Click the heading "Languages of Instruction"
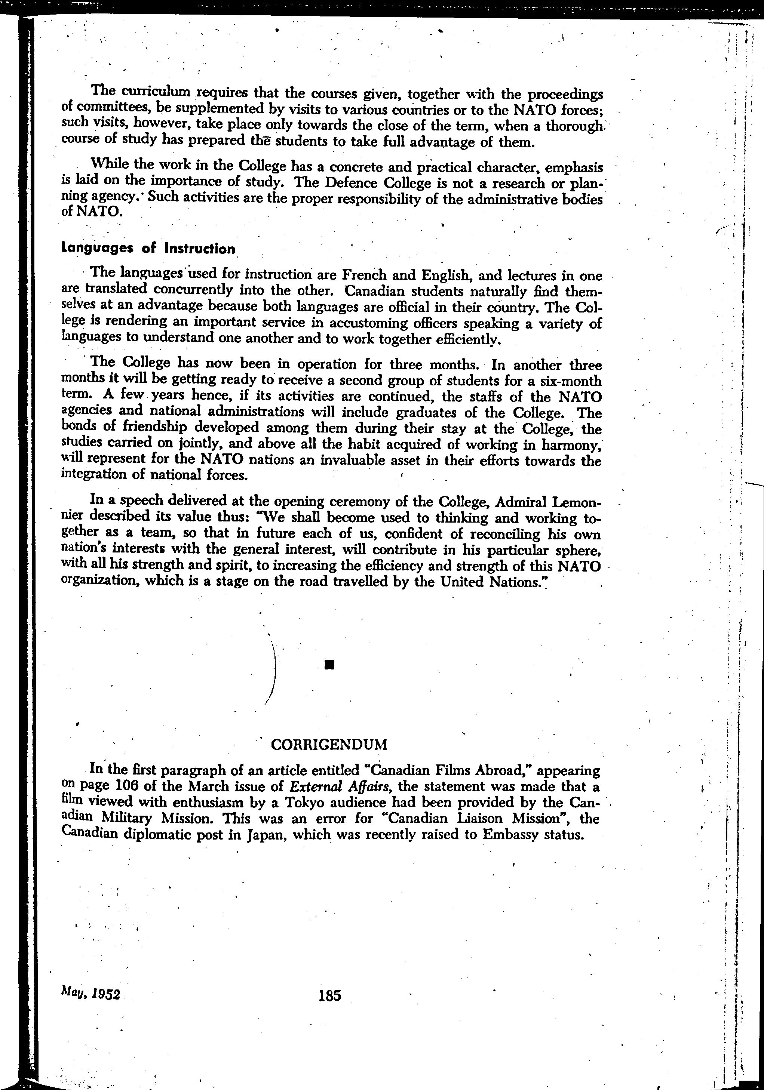click(x=148, y=249)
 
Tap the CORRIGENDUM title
click(x=329, y=745)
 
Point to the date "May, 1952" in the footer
click(x=91, y=994)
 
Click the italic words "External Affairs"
click(x=340, y=786)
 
